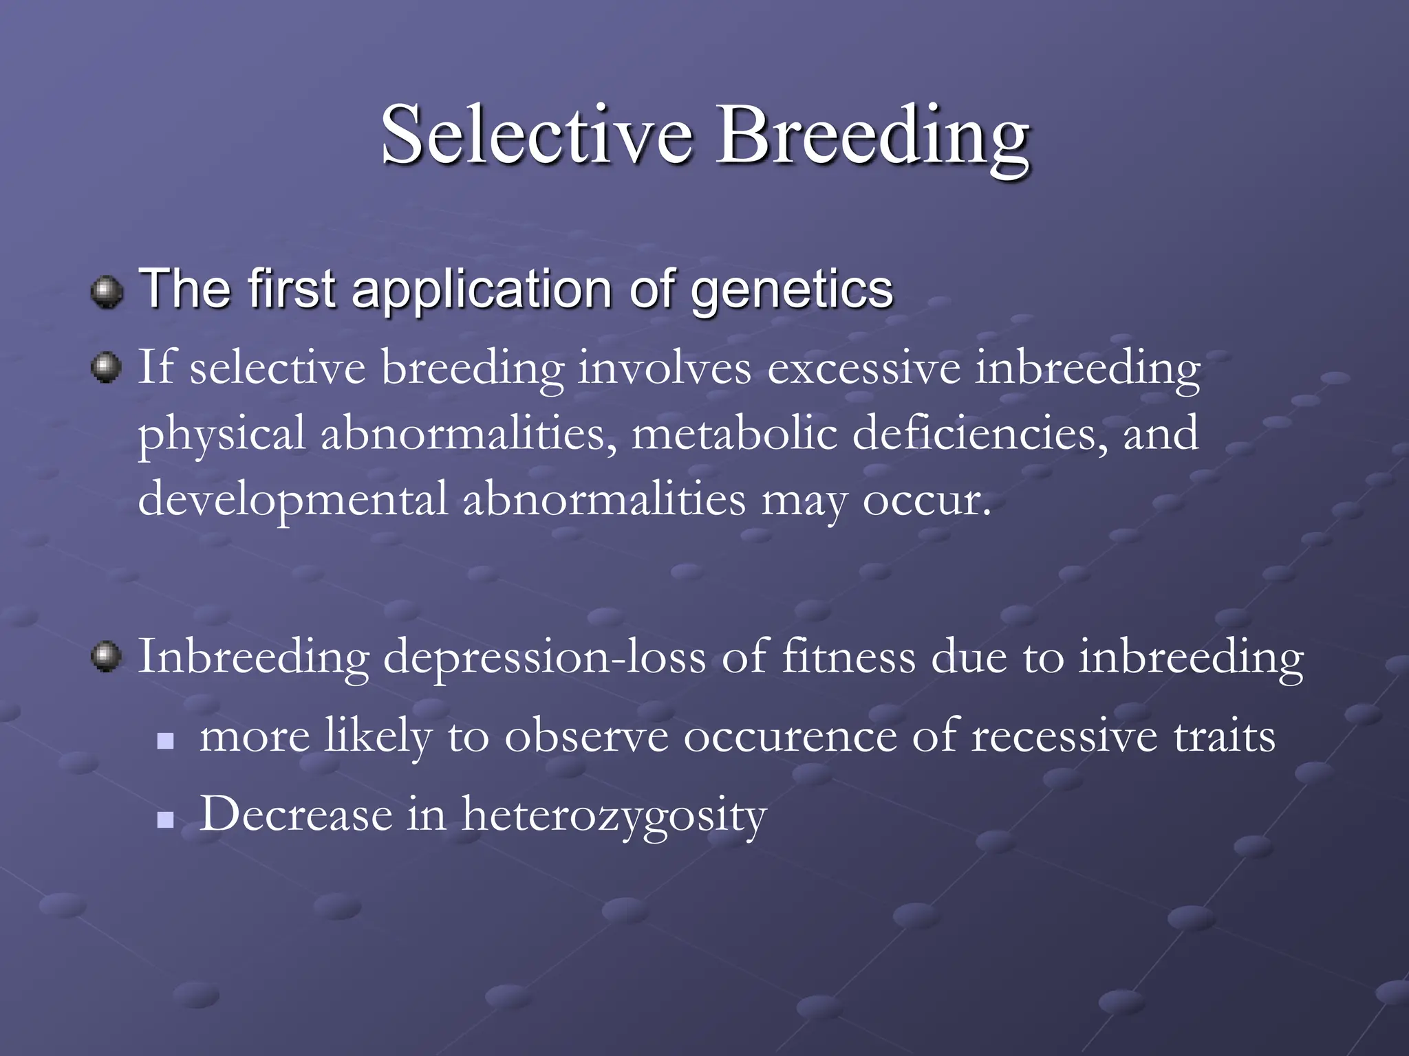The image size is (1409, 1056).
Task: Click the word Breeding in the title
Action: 872,136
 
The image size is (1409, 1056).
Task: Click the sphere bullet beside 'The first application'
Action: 107,292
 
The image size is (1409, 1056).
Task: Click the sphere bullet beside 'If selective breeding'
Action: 107,367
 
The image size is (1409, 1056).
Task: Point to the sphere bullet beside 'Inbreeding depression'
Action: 107,657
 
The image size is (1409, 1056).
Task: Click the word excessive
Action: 863,368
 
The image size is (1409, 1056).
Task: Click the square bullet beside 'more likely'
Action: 165,741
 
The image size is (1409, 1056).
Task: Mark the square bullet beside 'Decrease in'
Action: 165,819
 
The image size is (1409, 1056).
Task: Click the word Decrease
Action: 296,815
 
